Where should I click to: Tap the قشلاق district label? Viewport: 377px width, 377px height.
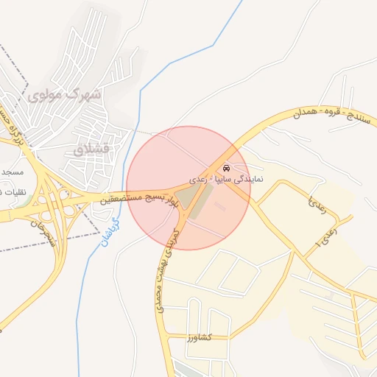91,149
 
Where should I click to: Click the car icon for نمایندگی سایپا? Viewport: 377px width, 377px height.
225,167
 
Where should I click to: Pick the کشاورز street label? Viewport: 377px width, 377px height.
199,337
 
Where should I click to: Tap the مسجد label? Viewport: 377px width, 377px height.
12,172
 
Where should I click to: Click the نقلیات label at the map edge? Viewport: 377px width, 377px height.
10,192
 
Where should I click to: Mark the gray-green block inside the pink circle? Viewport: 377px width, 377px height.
194,197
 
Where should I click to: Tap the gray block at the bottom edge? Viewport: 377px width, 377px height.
188,370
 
